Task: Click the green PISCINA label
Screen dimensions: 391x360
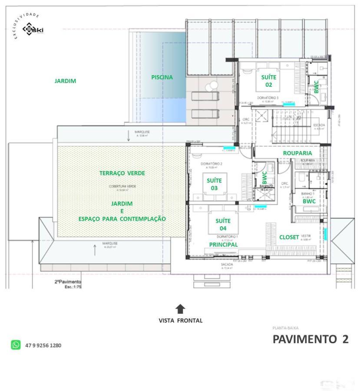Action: coord(162,77)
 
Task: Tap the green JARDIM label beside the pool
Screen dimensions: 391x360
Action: coord(66,81)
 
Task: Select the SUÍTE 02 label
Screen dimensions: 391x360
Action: coord(269,81)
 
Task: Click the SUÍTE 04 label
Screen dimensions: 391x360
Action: coord(223,224)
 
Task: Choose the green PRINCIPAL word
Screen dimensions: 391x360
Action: coord(223,245)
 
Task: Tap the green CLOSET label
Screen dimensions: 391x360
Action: coord(289,237)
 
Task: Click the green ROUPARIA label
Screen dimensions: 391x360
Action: coord(297,153)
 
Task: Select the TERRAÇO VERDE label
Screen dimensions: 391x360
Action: coord(122,173)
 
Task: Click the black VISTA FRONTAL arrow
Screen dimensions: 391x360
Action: coord(180,309)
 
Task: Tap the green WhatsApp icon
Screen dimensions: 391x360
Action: coord(16,345)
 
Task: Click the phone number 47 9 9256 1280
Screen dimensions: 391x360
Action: coord(43,345)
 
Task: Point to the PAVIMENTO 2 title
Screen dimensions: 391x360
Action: coord(310,339)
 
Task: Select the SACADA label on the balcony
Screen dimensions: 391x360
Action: coord(227,265)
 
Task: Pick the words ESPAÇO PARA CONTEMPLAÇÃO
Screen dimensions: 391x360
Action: coord(122,219)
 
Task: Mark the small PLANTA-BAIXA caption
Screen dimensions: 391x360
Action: coord(285,328)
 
